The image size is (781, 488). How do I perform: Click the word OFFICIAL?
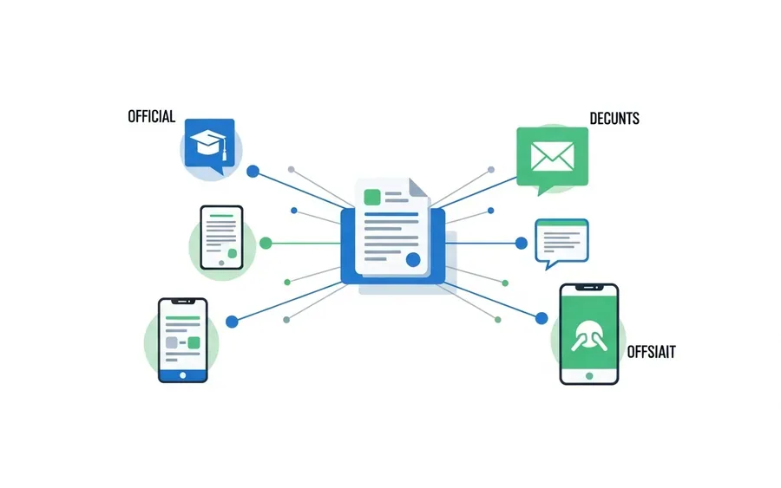(151, 116)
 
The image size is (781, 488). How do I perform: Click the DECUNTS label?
(614, 119)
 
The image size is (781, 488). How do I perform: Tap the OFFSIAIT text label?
(651, 352)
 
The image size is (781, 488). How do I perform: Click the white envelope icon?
(553, 156)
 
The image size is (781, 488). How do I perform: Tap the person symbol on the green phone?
(588, 336)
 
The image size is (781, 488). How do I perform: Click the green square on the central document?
(372, 197)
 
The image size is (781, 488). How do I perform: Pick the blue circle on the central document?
(413, 259)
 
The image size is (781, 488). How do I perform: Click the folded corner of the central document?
(418, 187)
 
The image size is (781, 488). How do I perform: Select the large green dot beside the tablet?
(266, 244)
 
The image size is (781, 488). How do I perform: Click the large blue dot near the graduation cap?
(253, 172)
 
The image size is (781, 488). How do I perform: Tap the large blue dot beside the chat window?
(521, 244)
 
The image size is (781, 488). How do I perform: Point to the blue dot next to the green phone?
(541, 318)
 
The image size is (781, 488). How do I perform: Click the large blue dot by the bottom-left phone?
(232, 322)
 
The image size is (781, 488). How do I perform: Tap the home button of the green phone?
(589, 376)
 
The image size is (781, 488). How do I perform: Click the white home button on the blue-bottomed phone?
(183, 375)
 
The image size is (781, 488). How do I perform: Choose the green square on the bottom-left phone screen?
(194, 342)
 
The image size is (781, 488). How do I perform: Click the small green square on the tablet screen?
(232, 254)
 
